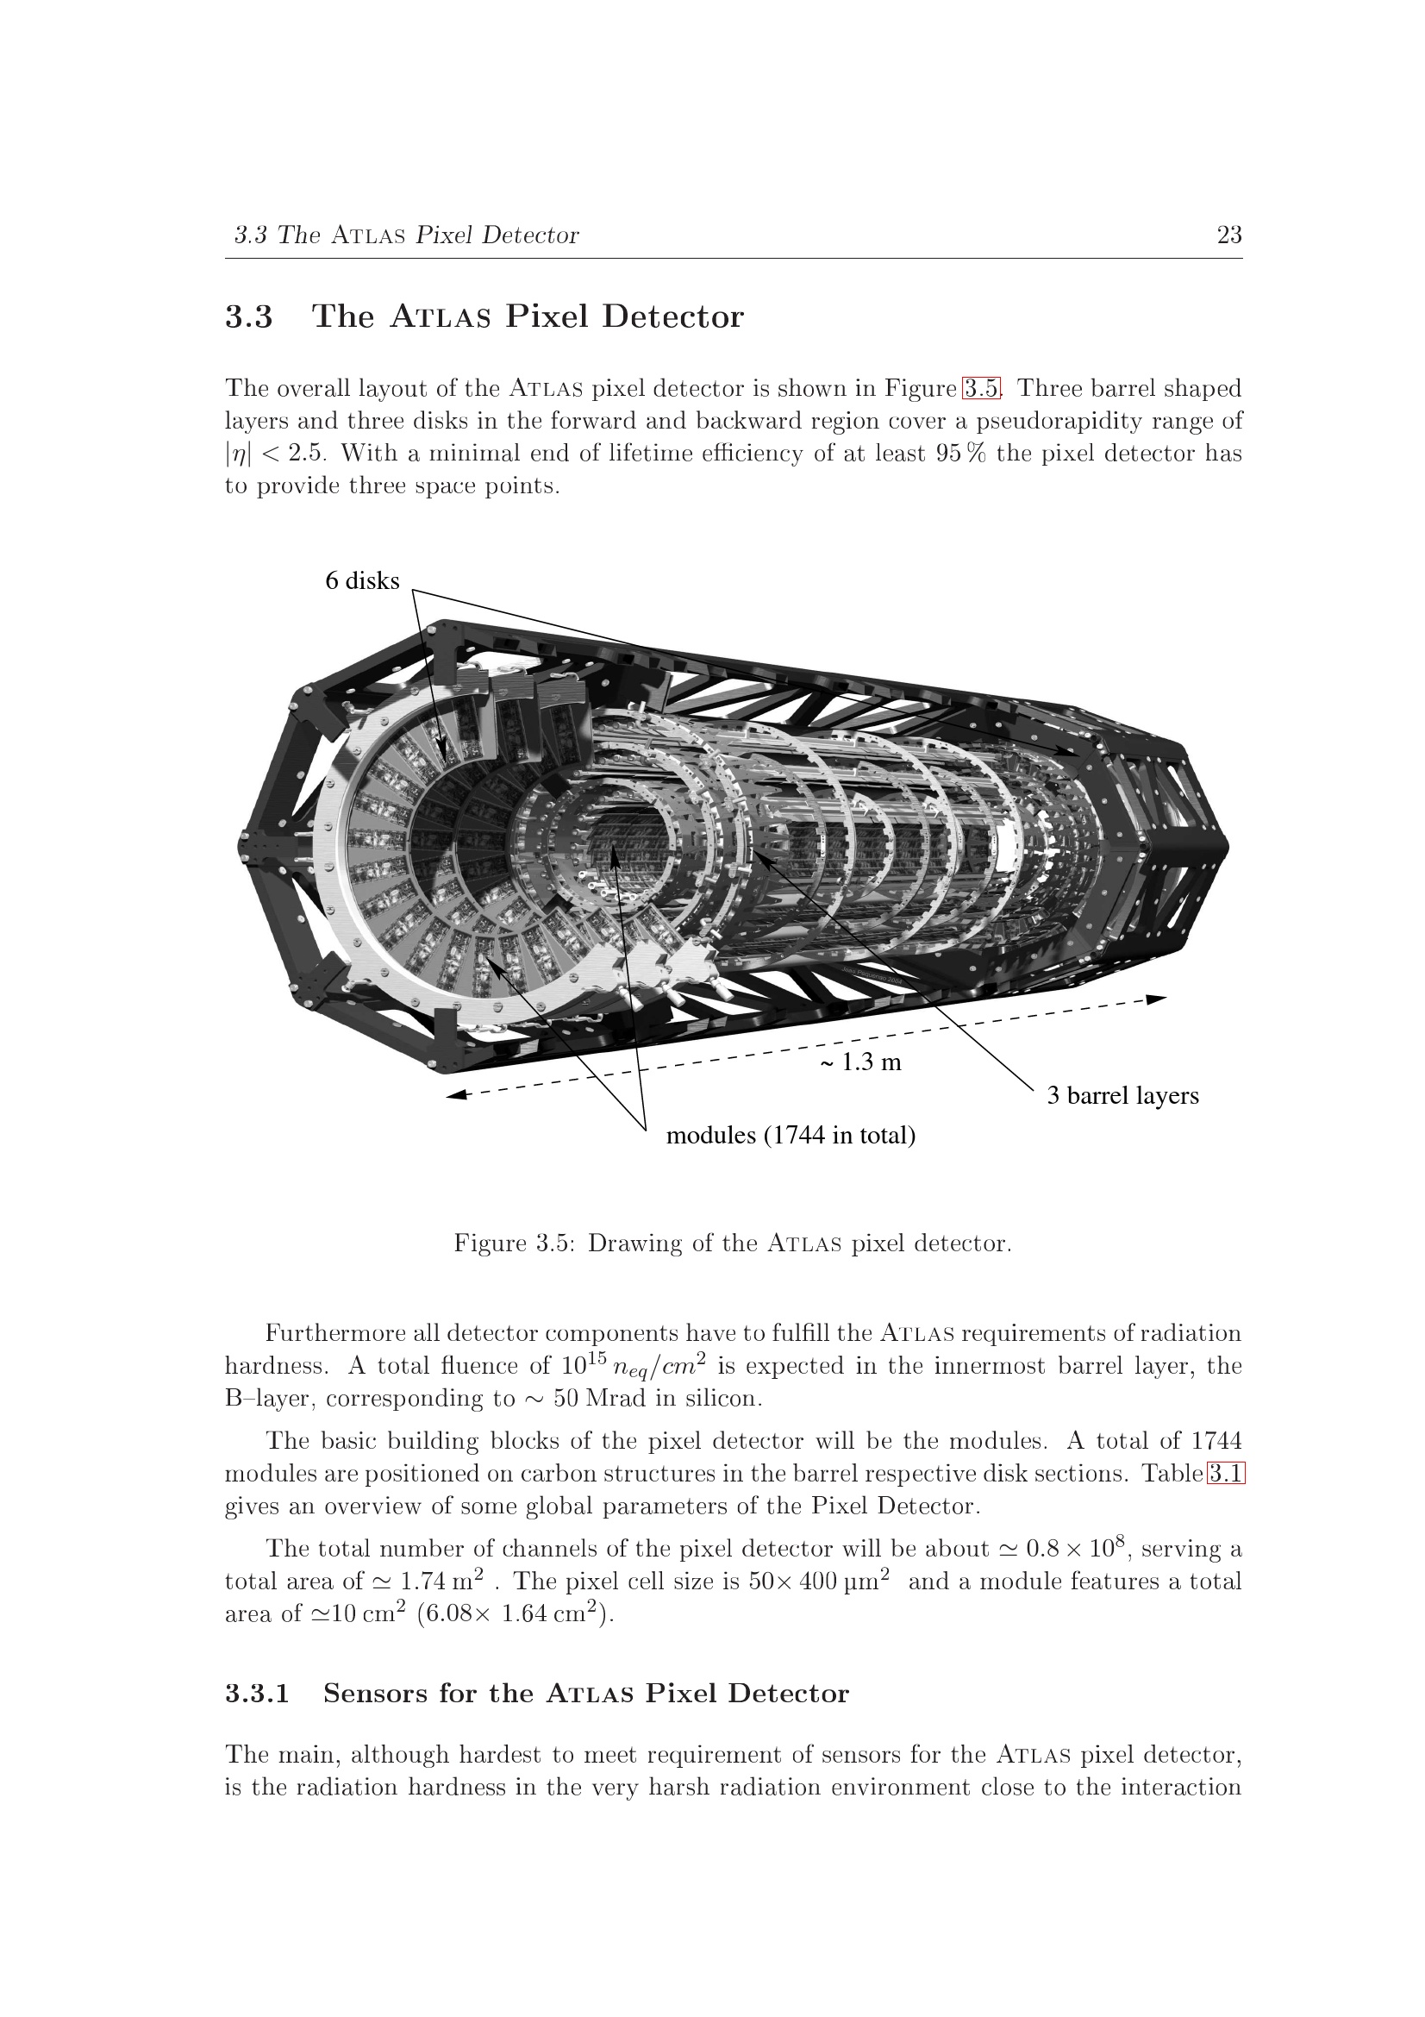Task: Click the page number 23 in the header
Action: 1228,235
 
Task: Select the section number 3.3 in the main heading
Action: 249,316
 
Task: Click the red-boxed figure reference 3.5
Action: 981,387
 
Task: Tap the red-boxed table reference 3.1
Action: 1226,1473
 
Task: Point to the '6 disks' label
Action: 362,580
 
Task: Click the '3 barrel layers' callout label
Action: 1122,1095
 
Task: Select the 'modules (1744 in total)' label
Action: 791,1135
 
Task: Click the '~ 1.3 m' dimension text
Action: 860,1062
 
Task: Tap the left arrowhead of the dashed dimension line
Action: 456,1094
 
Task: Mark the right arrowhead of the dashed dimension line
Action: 1157,999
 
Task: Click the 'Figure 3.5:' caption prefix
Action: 514,1243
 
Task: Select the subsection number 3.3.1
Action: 257,1693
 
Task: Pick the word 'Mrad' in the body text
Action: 615,1398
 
